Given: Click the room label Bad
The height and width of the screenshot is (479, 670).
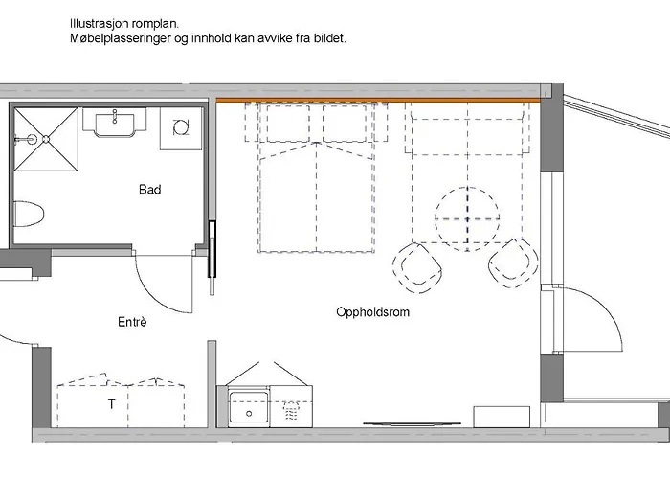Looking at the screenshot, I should click(149, 190).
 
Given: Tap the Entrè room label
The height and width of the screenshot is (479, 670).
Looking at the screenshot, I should click(131, 323).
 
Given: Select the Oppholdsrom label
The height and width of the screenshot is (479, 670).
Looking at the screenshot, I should click(373, 312).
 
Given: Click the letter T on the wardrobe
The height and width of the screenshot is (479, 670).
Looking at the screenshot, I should click(111, 404).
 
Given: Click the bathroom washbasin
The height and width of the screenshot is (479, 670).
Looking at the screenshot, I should click(114, 123).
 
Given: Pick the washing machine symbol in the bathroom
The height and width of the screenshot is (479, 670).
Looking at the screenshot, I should click(180, 127).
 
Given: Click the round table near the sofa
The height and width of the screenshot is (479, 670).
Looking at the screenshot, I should click(467, 217).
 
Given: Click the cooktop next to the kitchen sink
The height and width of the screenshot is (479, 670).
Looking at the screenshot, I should click(292, 409).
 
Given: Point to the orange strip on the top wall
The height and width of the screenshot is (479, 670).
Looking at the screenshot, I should click(377, 99).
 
